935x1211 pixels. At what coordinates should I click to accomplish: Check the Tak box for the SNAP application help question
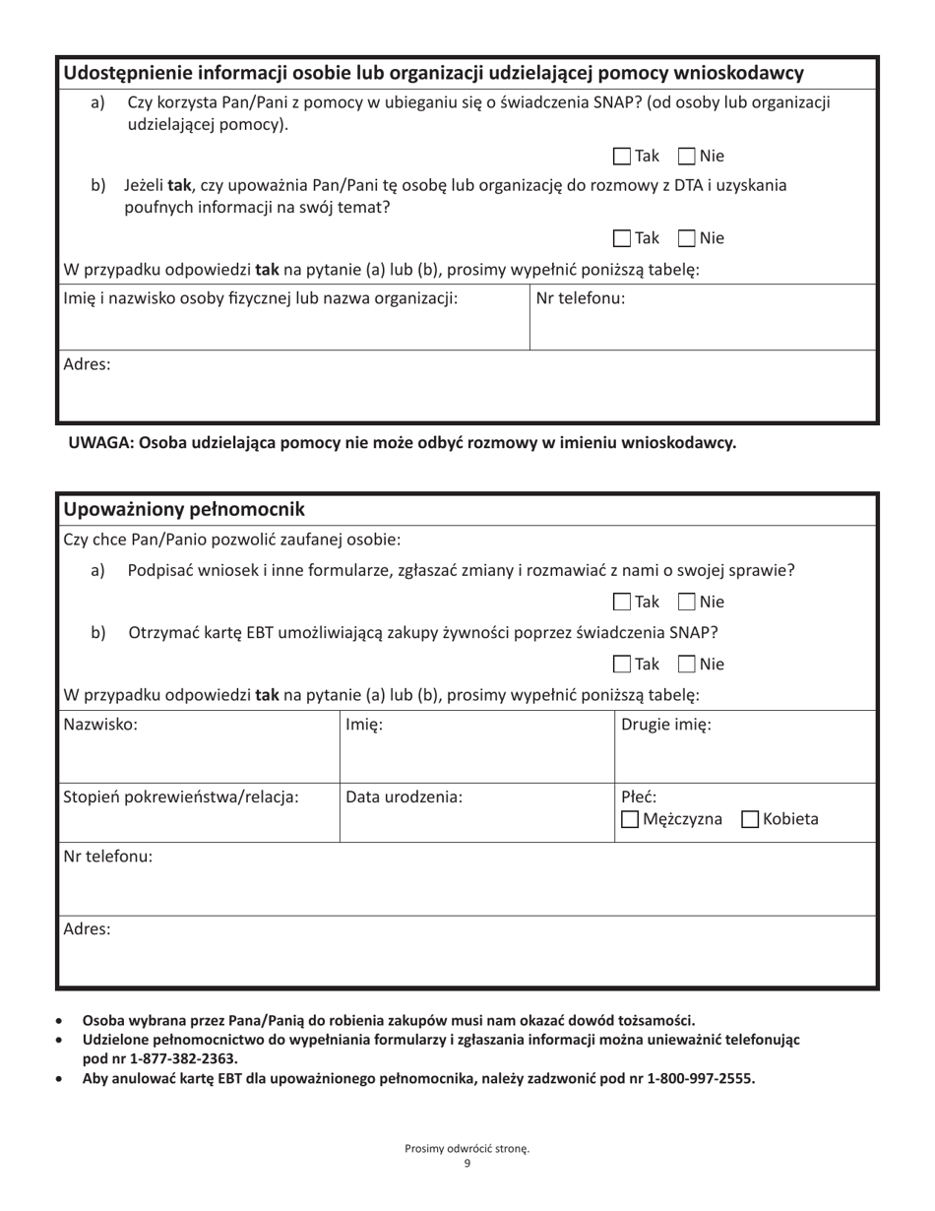coord(622,156)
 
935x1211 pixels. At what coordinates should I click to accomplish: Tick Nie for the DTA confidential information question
coord(687,238)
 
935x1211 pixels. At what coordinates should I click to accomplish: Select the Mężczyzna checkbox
coord(630,819)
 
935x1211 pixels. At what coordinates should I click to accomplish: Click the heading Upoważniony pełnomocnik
coord(184,509)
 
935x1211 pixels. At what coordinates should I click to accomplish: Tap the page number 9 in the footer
coord(467,1164)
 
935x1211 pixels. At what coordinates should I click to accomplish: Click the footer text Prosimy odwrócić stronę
coord(467,1148)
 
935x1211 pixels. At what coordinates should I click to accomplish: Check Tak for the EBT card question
coord(622,665)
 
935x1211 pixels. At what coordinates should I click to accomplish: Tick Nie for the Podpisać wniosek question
coord(687,602)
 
